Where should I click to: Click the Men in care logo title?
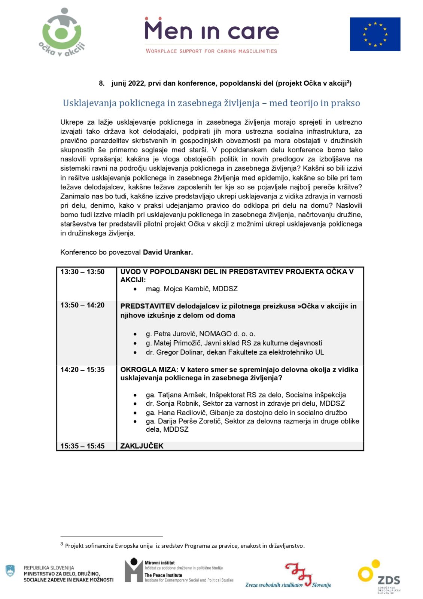point(211,30)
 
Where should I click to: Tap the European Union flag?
point(375,34)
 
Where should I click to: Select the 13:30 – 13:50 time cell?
point(82,272)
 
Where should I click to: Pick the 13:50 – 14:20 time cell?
point(82,305)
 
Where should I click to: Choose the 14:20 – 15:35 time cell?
point(82,370)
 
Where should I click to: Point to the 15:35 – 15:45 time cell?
point(82,446)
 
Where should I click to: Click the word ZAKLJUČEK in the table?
point(142,446)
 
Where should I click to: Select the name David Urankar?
point(168,252)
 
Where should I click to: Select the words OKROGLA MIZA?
point(149,370)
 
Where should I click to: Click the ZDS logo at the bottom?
point(379,577)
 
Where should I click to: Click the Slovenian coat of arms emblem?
point(10,571)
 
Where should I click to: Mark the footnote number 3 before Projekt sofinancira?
point(62,544)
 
